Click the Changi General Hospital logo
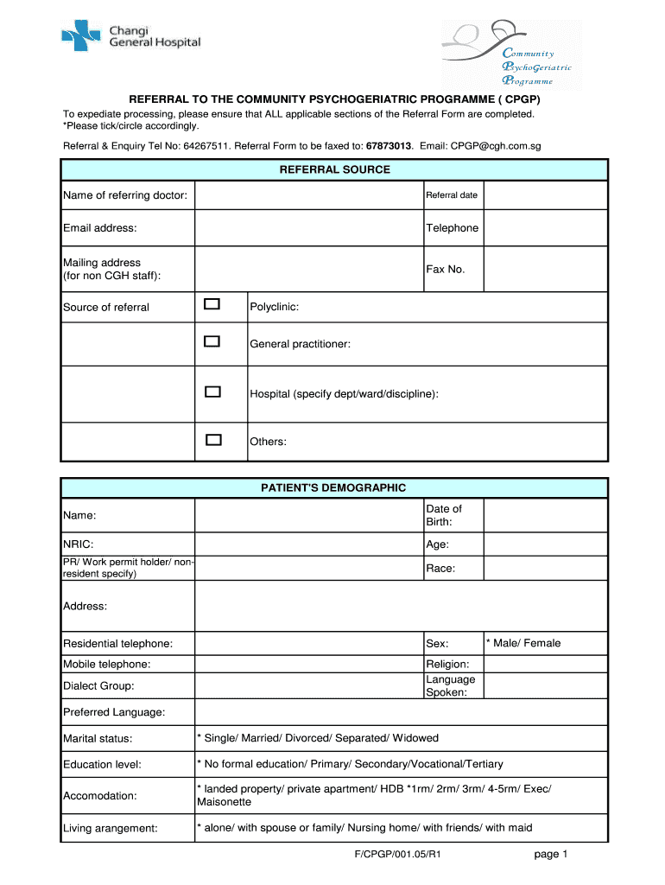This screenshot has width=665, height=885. [130, 35]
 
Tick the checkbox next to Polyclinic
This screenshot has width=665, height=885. [212, 304]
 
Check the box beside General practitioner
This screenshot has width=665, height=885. [212, 341]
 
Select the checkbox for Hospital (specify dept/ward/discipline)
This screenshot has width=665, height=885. [212, 392]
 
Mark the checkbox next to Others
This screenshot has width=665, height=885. [212, 440]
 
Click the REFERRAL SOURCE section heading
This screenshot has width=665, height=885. [334, 169]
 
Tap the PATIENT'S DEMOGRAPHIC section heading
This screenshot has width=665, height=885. [333, 487]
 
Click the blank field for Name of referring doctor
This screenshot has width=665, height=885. [308, 195]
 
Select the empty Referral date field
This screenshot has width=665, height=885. [545, 195]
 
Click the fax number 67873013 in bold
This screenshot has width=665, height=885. [389, 147]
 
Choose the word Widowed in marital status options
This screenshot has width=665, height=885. [415, 738]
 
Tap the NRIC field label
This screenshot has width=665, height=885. [78, 544]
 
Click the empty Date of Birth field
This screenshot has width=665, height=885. [545, 515]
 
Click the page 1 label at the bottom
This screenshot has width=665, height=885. [550, 855]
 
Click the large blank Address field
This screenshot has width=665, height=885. [402, 606]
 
